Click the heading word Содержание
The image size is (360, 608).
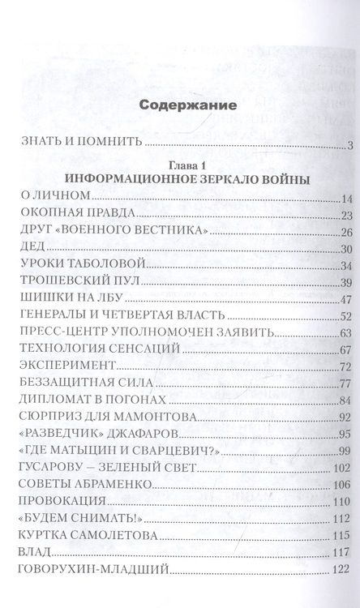pyautogui.click(x=187, y=105)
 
